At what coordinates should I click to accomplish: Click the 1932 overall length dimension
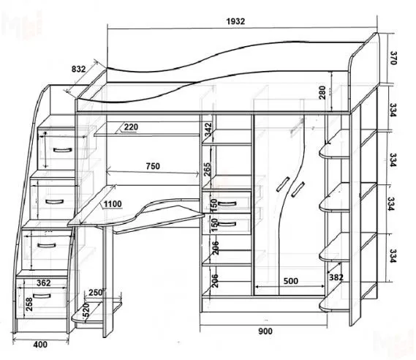pyautogui.click(x=235, y=21)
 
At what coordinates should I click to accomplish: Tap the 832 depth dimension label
pyautogui.click(x=78, y=69)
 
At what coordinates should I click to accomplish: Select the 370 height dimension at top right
pyautogui.click(x=393, y=58)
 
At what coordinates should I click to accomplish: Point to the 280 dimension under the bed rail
pyautogui.click(x=322, y=92)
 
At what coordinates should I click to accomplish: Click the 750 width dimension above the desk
pyautogui.click(x=153, y=166)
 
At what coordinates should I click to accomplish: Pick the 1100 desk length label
pyautogui.click(x=113, y=204)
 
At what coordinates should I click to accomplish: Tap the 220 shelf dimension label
pyautogui.click(x=131, y=127)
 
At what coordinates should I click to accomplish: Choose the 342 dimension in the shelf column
pyautogui.click(x=209, y=130)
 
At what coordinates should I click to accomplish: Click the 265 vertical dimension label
pyautogui.click(x=207, y=169)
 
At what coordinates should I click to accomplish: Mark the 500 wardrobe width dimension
pyautogui.click(x=291, y=281)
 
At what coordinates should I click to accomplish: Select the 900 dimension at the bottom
pyautogui.click(x=265, y=331)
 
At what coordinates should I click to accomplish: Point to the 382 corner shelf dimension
pyautogui.click(x=336, y=277)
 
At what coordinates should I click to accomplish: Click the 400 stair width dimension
pyautogui.click(x=40, y=345)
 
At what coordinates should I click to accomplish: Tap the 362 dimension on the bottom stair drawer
pyautogui.click(x=44, y=283)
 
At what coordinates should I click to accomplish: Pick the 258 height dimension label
pyautogui.click(x=29, y=304)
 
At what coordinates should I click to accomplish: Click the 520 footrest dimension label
pyautogui.click(x=86, y=310)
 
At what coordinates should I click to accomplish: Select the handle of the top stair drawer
pyautogui.click(x=63, y=150)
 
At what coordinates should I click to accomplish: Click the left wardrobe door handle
pyautogui.click(x=282, y=184)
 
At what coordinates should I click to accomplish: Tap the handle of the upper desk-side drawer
pyautogui.click(x=227, y=204)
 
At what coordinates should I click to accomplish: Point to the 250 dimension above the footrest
pyautogui.click(x=96, y=292)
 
